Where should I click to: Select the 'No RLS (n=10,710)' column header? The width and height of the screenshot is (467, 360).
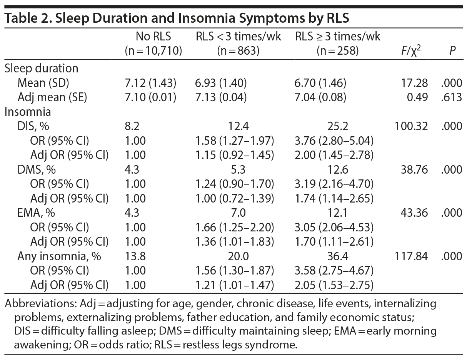pyautogui.click(x=153, y=44)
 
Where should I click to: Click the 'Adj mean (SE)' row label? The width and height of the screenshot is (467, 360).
pyautogui.click(x=52, y=97)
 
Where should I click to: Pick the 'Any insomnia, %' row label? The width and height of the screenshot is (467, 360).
pyautogui.click(x=59, y=256)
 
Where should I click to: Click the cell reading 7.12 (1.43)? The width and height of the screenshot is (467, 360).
pyautogui.click(x=150, y=83)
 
